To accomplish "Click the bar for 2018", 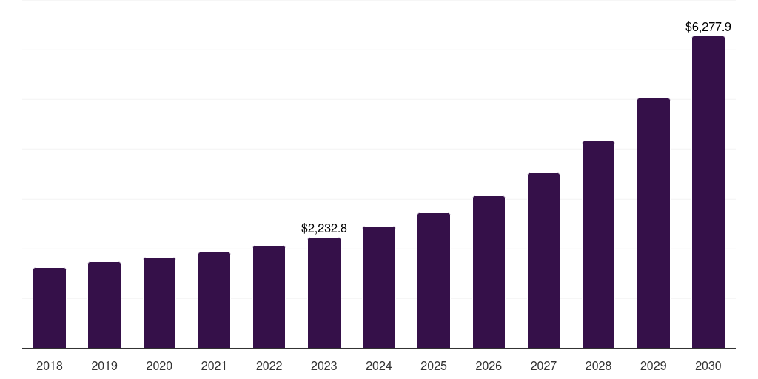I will point(50,308).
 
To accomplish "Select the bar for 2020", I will point(159,303).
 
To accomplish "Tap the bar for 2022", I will point(269,297).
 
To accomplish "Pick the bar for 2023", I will point(324,292).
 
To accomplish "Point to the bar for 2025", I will point(434,281).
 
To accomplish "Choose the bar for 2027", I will point(543,261).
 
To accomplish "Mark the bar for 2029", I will point(654,223).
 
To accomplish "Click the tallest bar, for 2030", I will point(708,192).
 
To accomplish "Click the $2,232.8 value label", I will point(324,229).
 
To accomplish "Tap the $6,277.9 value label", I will point(708,27).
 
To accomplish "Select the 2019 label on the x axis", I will point(104,366).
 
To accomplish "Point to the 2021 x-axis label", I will point(214,366).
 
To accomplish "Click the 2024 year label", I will point(379,366).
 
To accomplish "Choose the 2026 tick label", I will point(489,366).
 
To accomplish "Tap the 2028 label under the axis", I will point(598,366).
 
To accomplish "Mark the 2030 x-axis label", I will point(708,366).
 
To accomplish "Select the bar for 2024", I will point(379,287).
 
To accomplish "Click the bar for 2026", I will point(489,272).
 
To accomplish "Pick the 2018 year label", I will point(50,366).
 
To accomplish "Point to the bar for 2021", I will point(214,300).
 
